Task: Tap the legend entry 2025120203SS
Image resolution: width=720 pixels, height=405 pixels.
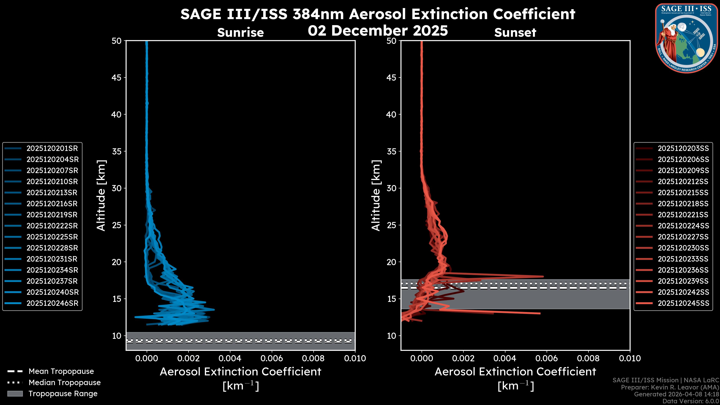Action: click(683, 148)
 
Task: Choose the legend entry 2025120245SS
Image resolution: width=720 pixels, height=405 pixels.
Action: click(683, 303)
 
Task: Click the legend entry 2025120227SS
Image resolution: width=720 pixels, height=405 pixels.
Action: click(683, 237)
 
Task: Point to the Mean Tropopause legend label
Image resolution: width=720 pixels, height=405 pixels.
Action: click(61, 371)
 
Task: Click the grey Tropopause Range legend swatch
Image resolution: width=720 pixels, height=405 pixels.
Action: click(15, 394)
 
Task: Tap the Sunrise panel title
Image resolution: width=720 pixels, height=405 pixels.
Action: click(240, 33)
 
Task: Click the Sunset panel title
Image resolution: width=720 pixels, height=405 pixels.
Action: click(515, 33)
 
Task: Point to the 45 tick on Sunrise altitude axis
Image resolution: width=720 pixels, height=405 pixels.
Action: click(117, 78)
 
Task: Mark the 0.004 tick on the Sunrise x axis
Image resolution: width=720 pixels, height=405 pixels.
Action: click(230, 358)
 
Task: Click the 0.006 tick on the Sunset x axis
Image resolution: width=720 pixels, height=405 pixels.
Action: click(547, 358)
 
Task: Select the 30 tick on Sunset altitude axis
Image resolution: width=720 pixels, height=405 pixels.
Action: click(391, 188)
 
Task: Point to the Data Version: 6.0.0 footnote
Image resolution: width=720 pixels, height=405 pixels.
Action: click(690, 401)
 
